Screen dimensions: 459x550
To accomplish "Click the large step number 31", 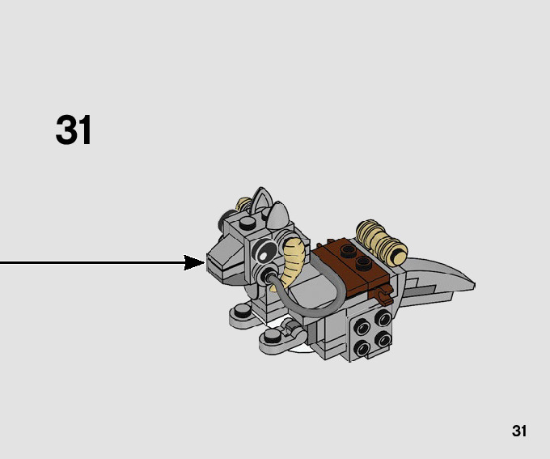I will (x=74, y=130).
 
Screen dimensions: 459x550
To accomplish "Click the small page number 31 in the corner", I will (x=519, y=431).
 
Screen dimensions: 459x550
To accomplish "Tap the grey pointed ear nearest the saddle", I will (x=278, y=215).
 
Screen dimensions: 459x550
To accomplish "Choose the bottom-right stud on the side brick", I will (x=382, y=340).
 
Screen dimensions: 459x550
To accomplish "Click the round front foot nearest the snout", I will (x=240, y=311).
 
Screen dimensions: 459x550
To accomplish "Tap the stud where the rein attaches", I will (x=268, y=278).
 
